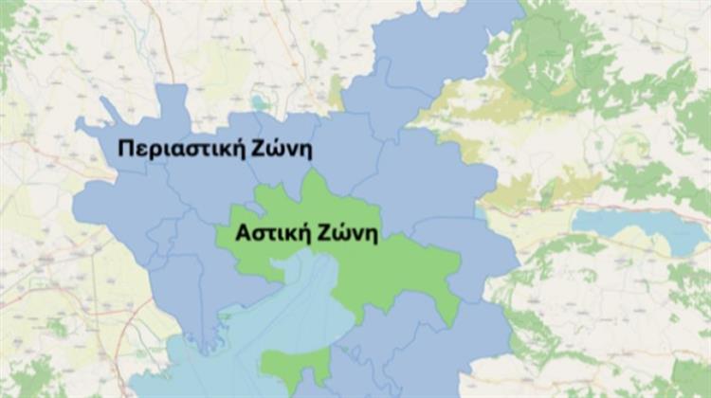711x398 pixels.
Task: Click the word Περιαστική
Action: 177,149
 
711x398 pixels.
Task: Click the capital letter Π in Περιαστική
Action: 126,149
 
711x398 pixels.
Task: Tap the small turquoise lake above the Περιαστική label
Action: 259,102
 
